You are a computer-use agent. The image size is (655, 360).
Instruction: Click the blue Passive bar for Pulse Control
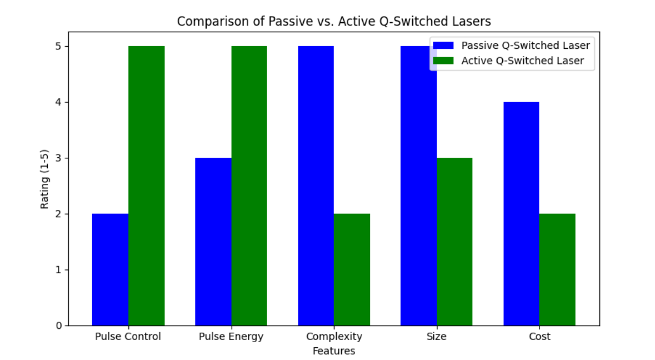(110, 269)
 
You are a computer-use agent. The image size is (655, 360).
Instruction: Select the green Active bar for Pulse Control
(146, 186)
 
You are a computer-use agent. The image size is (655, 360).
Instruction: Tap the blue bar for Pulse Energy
(213, 242)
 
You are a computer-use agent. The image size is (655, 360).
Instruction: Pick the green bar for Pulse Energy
(249, 186)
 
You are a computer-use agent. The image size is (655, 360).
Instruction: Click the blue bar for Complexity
(316, 186)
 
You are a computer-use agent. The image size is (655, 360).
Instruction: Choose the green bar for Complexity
(352, 269)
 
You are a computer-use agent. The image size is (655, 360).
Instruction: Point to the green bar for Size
(454, 242)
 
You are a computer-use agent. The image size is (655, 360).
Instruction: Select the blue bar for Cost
(521, 214)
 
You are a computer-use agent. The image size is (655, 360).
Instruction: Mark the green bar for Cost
(557, 269)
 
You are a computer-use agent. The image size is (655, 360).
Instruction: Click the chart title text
(334, 22)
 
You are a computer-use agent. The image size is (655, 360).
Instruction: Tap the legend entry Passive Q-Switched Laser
(525, 46)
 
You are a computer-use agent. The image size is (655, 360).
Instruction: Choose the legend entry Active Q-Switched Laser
(522, 61)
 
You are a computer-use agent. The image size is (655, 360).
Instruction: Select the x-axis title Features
(334, 351)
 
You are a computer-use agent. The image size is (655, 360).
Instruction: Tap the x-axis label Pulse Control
(128, 337)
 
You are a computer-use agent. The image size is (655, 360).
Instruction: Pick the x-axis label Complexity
(334, 337)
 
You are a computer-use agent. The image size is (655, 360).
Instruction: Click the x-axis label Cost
(539, 337)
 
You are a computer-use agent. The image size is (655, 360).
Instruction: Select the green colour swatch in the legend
(444, 61)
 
